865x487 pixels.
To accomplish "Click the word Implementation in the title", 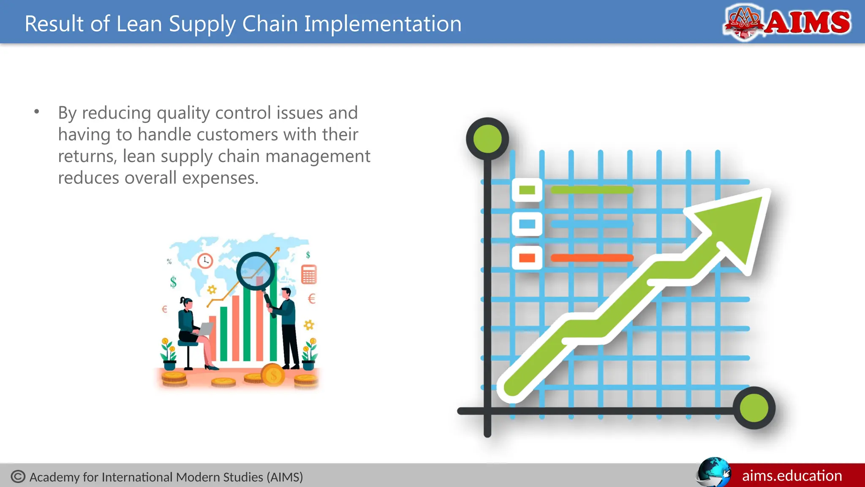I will coord(383,24).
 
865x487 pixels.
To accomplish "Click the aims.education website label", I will coord(792,476).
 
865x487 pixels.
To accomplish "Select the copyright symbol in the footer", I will coord(18,477).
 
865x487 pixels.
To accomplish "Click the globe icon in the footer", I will coord(713,472).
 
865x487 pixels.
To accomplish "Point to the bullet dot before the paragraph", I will coord(37,112).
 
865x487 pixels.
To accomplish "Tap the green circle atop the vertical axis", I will coord(487,139).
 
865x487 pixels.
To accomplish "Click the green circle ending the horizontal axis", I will coord(754,408).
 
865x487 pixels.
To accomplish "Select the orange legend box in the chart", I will coord(527,258).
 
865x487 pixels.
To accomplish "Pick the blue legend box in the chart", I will coord(527,224).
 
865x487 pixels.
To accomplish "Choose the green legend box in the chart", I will coord(527,190).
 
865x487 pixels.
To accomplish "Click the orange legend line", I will coord(591,258).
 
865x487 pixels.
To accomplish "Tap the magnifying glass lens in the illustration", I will coord(255,271).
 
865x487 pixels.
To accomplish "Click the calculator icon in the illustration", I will coord(309,275).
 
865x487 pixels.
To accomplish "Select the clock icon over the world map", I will coord(205,260).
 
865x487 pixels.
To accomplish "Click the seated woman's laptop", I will coord(206,329).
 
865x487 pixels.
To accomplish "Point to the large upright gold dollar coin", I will coord(273,375).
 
